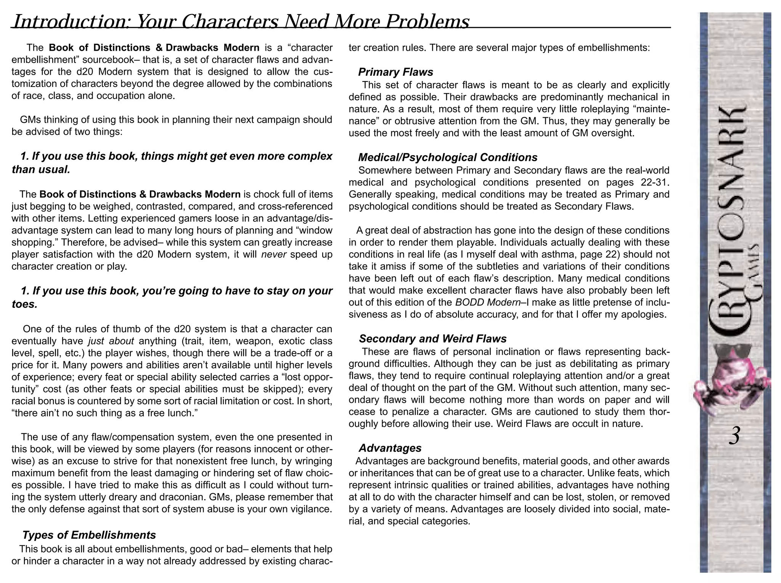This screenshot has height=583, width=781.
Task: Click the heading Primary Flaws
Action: click(395, 72)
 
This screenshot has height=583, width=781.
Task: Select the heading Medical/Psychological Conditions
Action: click(448, 157)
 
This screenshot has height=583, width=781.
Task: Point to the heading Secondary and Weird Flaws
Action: click(432, 339)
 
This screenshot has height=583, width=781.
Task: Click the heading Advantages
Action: click(390, 448)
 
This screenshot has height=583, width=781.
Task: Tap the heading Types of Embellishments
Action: click(89, 535)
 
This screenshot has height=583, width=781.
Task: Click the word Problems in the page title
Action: click(427, 22)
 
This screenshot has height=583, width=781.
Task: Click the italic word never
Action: click(273, 255)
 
